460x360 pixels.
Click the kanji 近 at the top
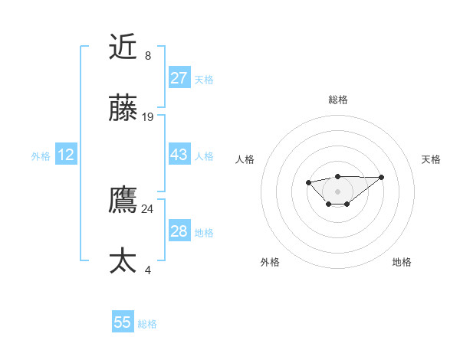click(123, 47)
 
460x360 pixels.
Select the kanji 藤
click(123, 110)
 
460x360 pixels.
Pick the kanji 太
click(123, 261)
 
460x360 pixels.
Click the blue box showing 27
click(179, 77)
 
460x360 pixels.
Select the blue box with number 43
click(179, 154)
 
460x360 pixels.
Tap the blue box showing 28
click(179, 231)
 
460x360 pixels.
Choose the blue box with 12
click(66, 155)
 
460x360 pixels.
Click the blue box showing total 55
click(123, 322)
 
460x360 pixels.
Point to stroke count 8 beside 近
click(148, 56)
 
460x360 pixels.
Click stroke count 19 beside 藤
click(148, 117)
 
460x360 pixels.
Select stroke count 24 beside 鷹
click(148, 208)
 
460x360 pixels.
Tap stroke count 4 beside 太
click(148, 270)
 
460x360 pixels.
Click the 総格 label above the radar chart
click(337, 100)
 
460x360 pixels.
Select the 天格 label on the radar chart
click(431, 159)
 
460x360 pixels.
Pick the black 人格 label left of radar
click(245, 159)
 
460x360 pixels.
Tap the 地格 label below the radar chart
click(402, 262)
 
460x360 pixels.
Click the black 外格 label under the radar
click(270, 262)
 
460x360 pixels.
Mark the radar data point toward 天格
click(382, 177)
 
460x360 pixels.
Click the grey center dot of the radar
click(337, 191)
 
